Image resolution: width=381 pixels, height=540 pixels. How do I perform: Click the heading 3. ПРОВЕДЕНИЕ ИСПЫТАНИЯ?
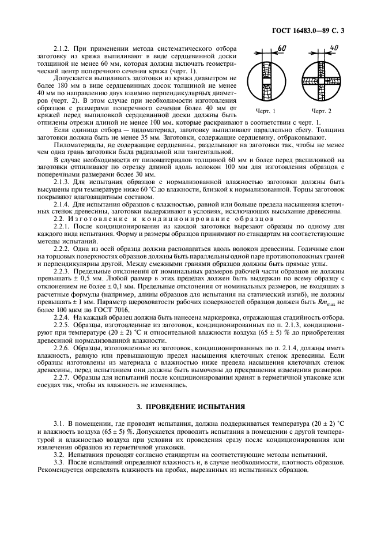tap(190, 407)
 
